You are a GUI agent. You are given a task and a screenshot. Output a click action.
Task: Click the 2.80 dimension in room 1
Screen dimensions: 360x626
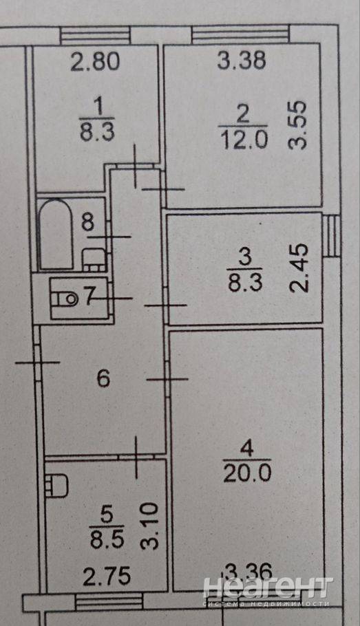(x=95, y=62)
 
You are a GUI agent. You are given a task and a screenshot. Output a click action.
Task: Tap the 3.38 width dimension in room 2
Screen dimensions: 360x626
(x=242, y=61)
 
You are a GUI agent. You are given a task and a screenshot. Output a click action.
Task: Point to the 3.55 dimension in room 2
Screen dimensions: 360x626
(x=298, y=125)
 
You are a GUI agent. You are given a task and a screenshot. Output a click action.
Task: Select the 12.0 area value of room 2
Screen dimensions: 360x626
(x=244, y=140)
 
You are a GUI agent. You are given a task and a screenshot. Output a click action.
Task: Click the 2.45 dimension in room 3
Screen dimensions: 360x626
(x=299, y=268)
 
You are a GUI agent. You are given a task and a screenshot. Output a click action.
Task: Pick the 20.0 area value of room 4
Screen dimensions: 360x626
(x=247, y=473)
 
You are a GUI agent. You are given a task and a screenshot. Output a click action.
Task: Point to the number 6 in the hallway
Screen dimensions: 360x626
(x=103, y=378)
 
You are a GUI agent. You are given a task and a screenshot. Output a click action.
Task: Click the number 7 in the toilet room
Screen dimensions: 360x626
(x=90, y=296)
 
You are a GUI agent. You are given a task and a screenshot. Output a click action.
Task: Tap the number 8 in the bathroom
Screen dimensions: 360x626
(x=88, y=222)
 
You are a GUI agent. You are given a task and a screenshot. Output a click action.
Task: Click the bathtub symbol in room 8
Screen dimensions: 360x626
(x=56, y=234)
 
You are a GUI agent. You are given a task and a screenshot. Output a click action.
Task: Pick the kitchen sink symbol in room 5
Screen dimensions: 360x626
(x=56, y=485)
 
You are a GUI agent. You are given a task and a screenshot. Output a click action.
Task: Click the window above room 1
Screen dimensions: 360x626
(x=96, y=35)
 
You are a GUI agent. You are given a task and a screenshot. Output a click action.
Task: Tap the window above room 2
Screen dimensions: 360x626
(x=240, y=34)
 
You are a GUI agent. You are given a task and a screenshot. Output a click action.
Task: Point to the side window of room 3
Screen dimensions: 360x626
(x=331, y=236)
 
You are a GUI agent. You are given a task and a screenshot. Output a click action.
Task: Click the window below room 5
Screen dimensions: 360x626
(x=109, y=602)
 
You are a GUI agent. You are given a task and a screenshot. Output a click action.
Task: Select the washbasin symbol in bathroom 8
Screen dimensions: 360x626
(x=94, y=260)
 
